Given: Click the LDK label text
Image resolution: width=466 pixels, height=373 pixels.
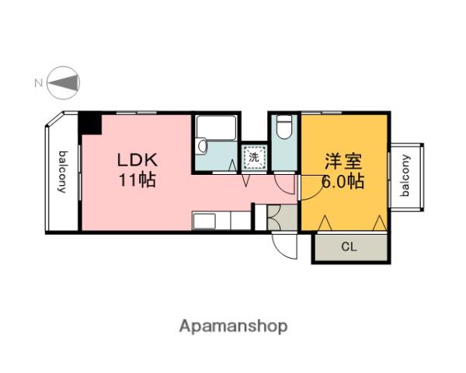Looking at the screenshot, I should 137,161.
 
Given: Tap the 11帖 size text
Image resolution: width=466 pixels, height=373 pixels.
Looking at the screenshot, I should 137,182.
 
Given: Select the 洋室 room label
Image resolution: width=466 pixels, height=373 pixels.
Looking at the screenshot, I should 343,162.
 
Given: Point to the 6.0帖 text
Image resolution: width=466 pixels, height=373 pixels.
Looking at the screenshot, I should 343,183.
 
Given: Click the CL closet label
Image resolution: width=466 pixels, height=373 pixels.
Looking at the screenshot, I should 349,248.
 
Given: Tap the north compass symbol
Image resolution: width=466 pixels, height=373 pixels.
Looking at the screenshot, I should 64,81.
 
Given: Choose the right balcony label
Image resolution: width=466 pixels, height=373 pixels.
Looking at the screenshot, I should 406,177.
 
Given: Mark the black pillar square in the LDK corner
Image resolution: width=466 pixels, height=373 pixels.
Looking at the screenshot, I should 91,124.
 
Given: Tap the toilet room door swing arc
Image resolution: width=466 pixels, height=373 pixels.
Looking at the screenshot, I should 285,183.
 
